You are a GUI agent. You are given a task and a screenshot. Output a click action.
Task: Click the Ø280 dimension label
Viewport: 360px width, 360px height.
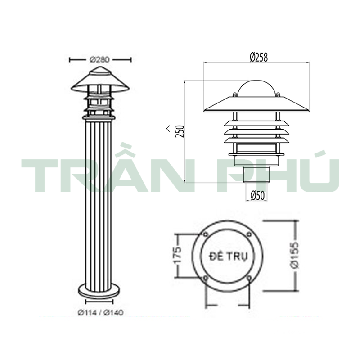click(x=100, y=59)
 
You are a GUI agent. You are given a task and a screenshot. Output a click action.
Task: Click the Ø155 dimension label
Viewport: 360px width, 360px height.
click(x=294, y=256)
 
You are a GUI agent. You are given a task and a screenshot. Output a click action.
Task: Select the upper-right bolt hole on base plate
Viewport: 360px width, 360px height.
click(x=249, y=234)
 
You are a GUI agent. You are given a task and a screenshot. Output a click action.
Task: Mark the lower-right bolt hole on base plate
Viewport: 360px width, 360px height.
click(x=249, y=278)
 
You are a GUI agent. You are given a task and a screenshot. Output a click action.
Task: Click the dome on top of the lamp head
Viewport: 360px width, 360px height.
click(x=256, y=89)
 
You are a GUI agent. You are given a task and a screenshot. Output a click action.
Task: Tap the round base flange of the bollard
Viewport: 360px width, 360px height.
click(x=99, y=290)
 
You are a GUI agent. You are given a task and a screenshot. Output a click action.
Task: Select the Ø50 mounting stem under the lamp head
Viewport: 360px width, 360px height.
click(x=256, y=174)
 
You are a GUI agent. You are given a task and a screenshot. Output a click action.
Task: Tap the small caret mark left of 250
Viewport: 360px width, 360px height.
click(x=167, y=130)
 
